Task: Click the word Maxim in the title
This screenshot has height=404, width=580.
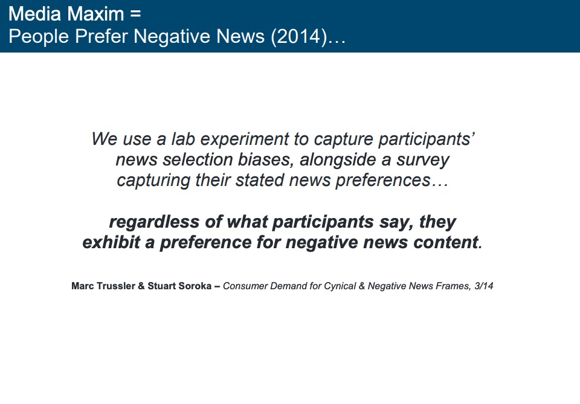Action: [96, 14]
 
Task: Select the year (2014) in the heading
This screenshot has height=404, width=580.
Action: [299, 37]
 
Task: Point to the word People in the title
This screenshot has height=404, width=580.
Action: [39, 37]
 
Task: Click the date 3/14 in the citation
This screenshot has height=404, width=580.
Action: [484, 286]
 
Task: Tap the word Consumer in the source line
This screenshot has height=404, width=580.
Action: [245, 286]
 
